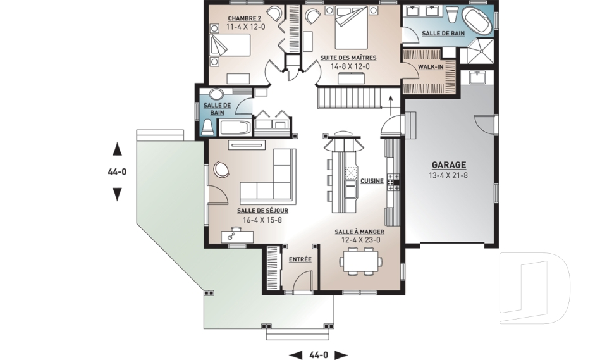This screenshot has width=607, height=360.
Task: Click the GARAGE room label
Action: (x=449, y=166)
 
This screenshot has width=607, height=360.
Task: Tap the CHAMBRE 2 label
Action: (x=244, y=18)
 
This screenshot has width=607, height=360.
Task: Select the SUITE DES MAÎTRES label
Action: (x=348, y=58)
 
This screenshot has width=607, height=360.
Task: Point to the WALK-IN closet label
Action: (x=431, y=67)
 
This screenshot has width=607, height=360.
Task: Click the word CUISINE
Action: (x=372, y=181)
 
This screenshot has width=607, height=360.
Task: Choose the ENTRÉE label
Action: (x=300, y=259)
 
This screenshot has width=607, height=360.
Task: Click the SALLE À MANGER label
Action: (x=360, y=232)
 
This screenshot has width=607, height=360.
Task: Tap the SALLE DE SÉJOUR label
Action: (x=262, y=211)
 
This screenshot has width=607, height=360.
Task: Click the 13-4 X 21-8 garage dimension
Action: (x=448, y=175)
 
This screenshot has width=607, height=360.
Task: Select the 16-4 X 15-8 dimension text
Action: (x=262, y=220)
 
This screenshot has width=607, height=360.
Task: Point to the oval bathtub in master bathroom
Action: (x=478, y=22)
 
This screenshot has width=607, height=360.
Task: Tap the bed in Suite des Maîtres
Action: (x=350, y=28)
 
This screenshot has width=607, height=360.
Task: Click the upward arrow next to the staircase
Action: (x=391, y=104)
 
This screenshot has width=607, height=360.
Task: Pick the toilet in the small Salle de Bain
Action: (x=207, y=127)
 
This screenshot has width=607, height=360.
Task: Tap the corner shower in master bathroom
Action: (x=477, y=51)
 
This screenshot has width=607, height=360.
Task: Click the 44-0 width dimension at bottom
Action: (x=319, y=354)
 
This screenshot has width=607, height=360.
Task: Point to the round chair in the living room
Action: (x=222, y=169)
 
